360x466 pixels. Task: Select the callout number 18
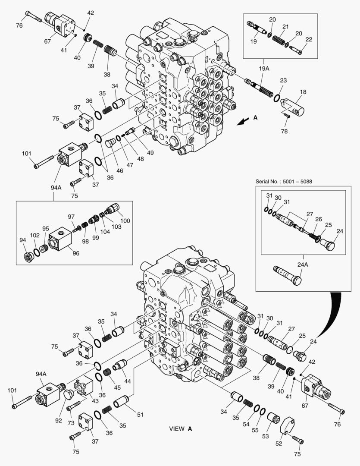point(304,91)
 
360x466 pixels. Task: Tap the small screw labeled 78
point(287,114)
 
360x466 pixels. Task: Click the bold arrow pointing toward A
point(243,122)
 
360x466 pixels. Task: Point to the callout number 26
point(318,219)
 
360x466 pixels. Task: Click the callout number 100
point(125,221)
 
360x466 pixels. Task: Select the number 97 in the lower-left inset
point(71,217)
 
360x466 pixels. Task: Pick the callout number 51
point(140,415)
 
